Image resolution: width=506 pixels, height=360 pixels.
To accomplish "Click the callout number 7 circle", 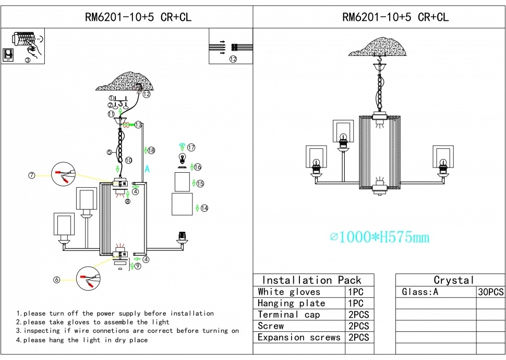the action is click(32, 175).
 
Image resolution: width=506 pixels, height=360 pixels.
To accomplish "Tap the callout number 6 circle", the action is click(56, 280).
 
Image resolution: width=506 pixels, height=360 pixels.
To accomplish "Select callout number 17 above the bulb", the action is click(191, 148).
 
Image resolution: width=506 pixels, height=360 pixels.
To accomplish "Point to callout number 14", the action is click(204, 208).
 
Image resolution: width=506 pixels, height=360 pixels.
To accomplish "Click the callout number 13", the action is click(138, 125).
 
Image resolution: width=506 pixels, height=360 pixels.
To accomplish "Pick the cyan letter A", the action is click(147, 169).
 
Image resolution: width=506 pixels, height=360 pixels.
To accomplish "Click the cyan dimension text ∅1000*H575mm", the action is click(380, 237).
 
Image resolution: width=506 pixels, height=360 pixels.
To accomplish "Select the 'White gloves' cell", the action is click(289, 292).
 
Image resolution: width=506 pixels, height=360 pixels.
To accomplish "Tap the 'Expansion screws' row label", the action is click(299, 338).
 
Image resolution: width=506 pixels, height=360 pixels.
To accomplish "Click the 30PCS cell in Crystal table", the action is click(490, 292).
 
